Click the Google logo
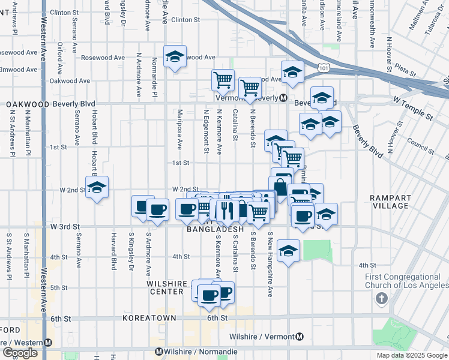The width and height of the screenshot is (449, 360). (x=20, y=353)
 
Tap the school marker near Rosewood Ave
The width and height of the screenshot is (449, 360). (x=175, y=56)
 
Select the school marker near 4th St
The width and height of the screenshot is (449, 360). (x=289, y=251)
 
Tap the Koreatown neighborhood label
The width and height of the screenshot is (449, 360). (x=149, y=317)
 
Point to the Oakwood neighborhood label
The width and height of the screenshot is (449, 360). (x=28, y=104)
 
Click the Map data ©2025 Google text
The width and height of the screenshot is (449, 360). (x=411, y=355)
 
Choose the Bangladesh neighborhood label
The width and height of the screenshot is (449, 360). (x=215, y=229)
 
